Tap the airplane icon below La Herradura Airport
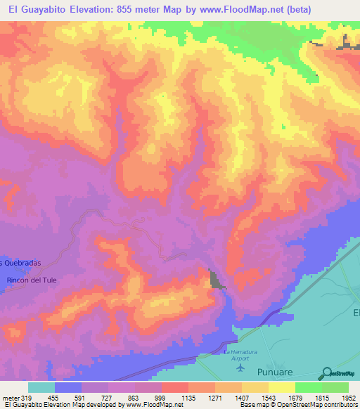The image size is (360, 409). [x=241, y=367]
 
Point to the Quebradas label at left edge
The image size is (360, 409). [x=20, y=262]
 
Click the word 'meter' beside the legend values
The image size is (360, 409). [x=10, y=397]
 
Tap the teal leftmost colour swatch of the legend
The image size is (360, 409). [x=41, y=387]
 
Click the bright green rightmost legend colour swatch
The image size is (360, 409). [x=335, y=387]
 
